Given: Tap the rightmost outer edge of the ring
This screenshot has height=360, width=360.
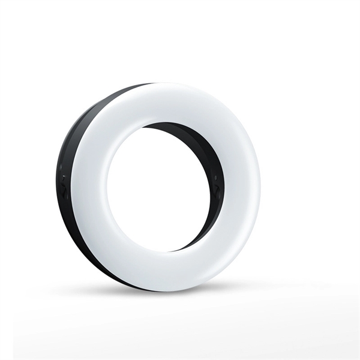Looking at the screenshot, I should (260, 186).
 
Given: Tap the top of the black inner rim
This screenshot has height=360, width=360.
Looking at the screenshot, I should (174, 126).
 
